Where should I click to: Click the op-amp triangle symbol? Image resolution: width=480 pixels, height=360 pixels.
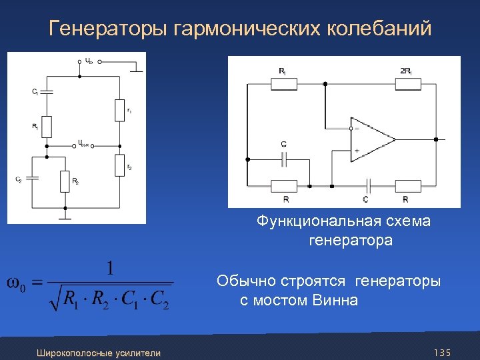point(371,140)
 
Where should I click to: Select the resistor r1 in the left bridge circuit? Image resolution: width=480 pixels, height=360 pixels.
point(120,111)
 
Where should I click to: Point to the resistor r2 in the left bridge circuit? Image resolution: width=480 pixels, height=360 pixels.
point(120,164)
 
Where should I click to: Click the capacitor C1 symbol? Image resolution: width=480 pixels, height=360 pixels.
point(47,92)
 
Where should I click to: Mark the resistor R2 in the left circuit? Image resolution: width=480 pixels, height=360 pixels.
point(65,181)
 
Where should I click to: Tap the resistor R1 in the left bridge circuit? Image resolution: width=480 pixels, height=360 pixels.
point(47,125)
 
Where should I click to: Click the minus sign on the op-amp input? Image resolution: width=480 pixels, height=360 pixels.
point(357,129)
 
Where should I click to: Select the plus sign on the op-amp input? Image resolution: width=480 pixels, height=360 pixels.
point(357,151)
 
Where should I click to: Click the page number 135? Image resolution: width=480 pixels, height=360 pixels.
point(442,352)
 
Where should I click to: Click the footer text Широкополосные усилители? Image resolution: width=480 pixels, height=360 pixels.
point(99,353)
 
